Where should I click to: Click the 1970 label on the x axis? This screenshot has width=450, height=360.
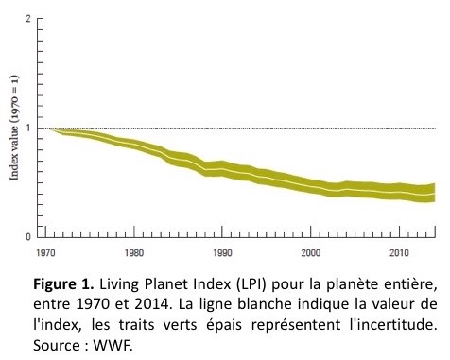[x=45, y=253]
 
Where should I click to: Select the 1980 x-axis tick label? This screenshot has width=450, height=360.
[x=134, y=253]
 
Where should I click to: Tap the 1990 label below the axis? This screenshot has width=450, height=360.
[x=222, y=253]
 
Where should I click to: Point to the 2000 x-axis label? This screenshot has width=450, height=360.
[x=311, y=253]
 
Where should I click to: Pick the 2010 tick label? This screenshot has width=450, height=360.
[x=399, y=253]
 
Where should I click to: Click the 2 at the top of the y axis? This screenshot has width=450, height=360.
[x=28, y=19]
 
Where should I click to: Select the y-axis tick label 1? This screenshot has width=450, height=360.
[x=28, y=128]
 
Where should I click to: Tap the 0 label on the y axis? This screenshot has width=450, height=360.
[x=28, y=236]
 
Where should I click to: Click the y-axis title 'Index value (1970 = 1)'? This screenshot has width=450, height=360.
[x=14, y=128]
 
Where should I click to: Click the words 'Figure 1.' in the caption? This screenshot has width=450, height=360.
[x=63, y=284]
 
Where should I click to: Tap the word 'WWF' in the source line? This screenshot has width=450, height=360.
[x=112, y=346]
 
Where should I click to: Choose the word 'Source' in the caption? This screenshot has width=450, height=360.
[x=57, y=346]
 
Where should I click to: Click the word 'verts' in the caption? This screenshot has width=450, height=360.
[x=180, y=325]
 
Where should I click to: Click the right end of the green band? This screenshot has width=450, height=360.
[x=435, y=193]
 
